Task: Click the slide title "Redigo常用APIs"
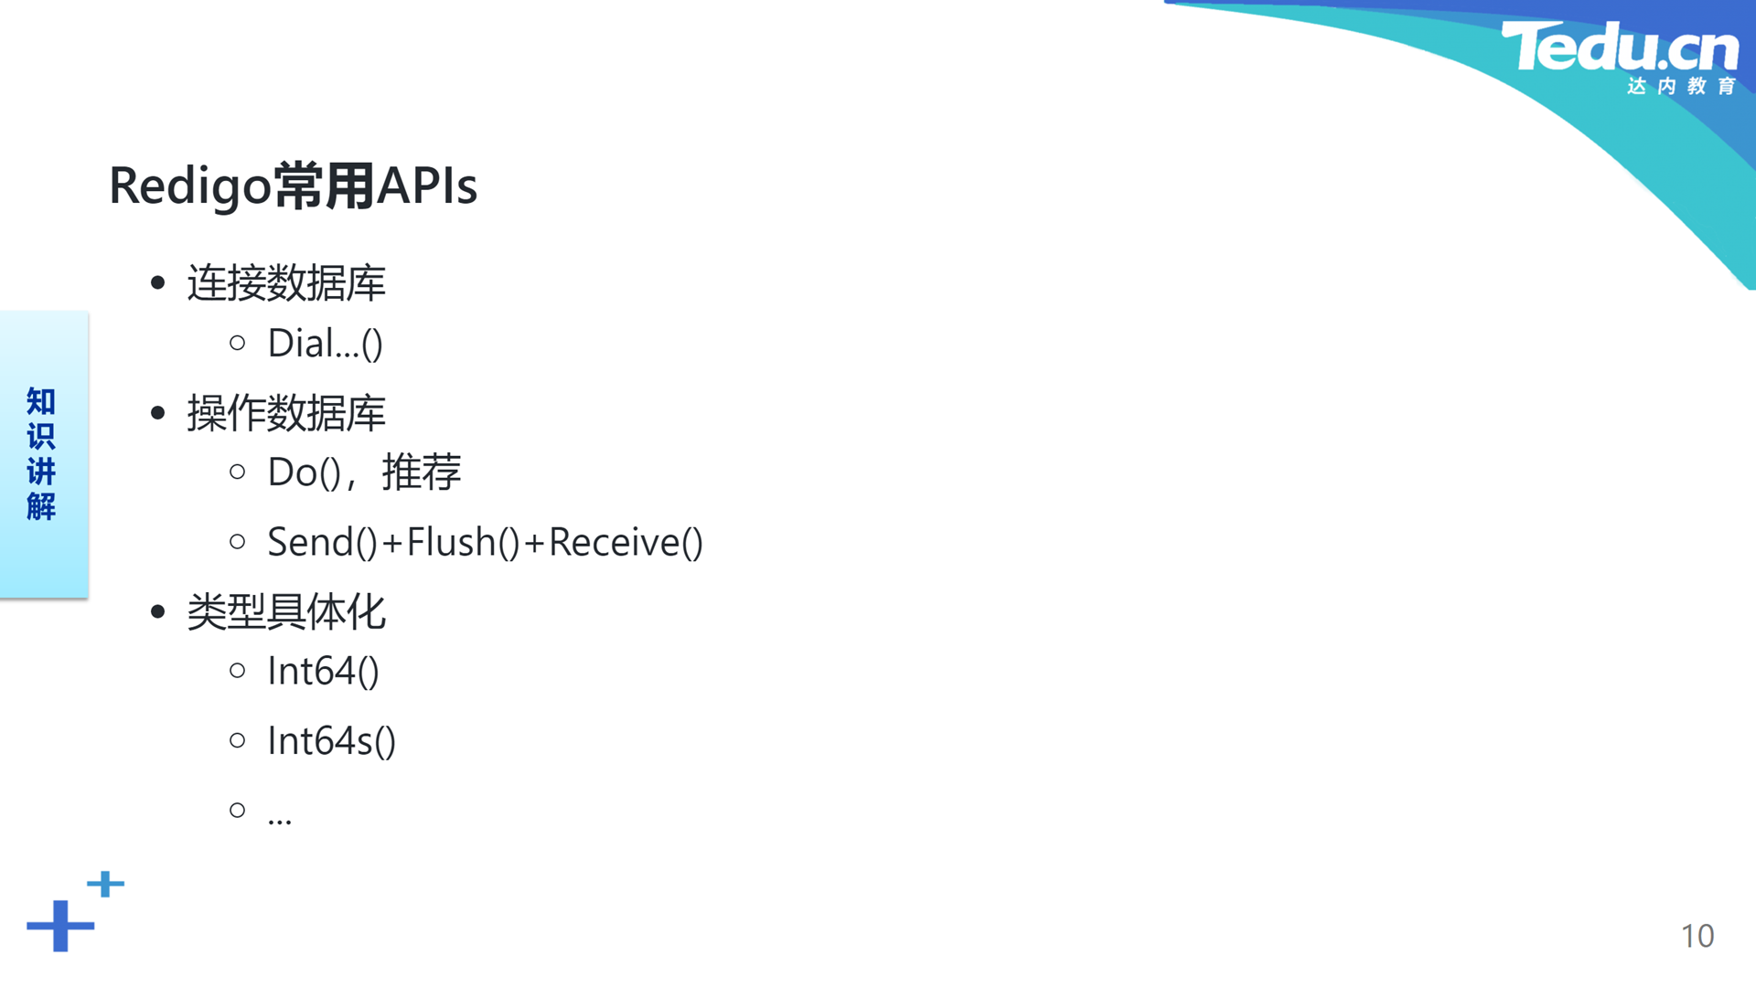tap(293, 186)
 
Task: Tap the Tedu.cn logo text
tap(1620, 47)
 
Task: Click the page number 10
tap(1697, 936)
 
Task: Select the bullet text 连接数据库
tap(286, 282)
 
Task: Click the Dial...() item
tap(325, 344)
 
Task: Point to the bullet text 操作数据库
tap(286, 412)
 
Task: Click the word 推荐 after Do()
tap(422, 472)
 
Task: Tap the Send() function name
tap(323, 542)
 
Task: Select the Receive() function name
tap(626, 542)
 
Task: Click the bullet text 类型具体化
tap(286, 611)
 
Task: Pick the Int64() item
tap(323, 671)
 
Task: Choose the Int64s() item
tap(331, 741)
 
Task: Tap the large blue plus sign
tap(60, 926)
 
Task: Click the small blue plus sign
tap(105, 884)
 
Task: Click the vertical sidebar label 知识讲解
tap(41, 454)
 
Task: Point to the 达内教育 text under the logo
tap(1681, 86)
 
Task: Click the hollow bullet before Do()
tap(238, 472)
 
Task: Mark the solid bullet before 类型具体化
tap(158, 611)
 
